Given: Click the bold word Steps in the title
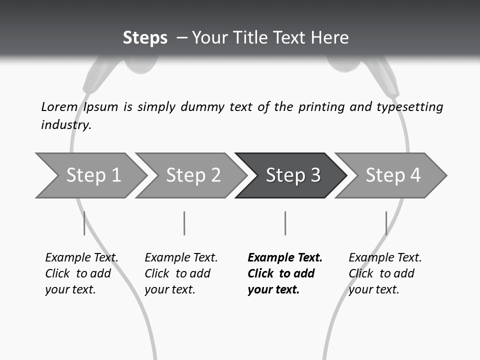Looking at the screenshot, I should [x=145, y=38].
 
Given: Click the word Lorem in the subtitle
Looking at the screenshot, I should [x=59, y=106].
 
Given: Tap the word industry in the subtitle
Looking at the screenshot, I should [x=66, y=125].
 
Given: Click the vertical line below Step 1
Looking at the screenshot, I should [x=84, y=223].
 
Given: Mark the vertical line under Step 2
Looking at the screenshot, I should [x=184, y=223].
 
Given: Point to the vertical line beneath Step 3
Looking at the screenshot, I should [x=285, y=223].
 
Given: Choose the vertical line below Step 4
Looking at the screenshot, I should [x=386, y=223].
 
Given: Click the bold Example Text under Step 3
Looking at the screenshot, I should [x=285, y=257].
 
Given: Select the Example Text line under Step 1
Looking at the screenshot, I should [x=81, y=257].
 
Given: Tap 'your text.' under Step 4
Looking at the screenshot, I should [x=373, y=289].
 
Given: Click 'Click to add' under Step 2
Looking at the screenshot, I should [x=177, y=273].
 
